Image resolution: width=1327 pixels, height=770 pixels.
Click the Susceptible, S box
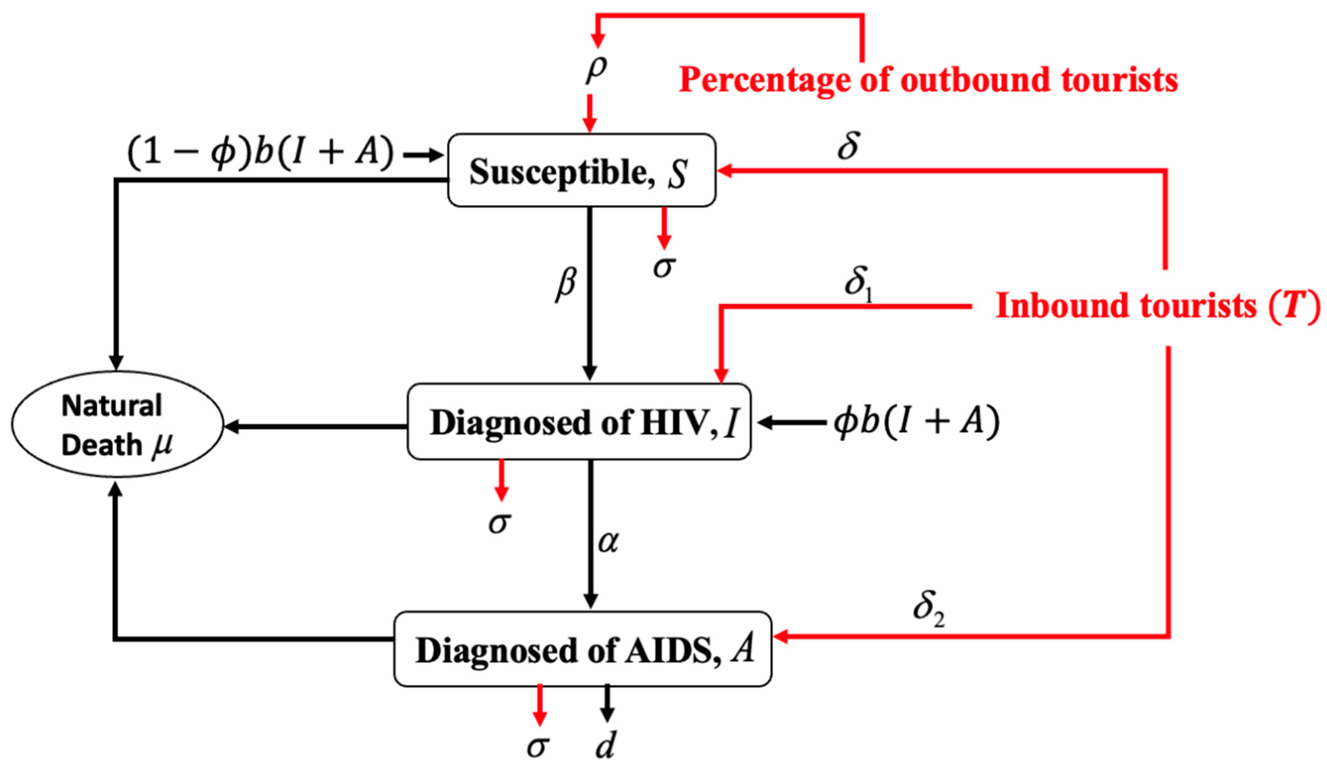581,171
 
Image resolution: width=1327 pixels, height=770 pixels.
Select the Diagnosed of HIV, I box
579,422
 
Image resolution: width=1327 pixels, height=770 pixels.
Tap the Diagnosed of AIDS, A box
582,649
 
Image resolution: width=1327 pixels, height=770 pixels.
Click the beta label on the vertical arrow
566,284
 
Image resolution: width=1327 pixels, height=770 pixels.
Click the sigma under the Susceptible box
663,267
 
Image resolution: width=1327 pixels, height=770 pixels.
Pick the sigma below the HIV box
499,523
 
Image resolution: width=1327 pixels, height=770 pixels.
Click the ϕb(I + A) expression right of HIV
916,422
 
